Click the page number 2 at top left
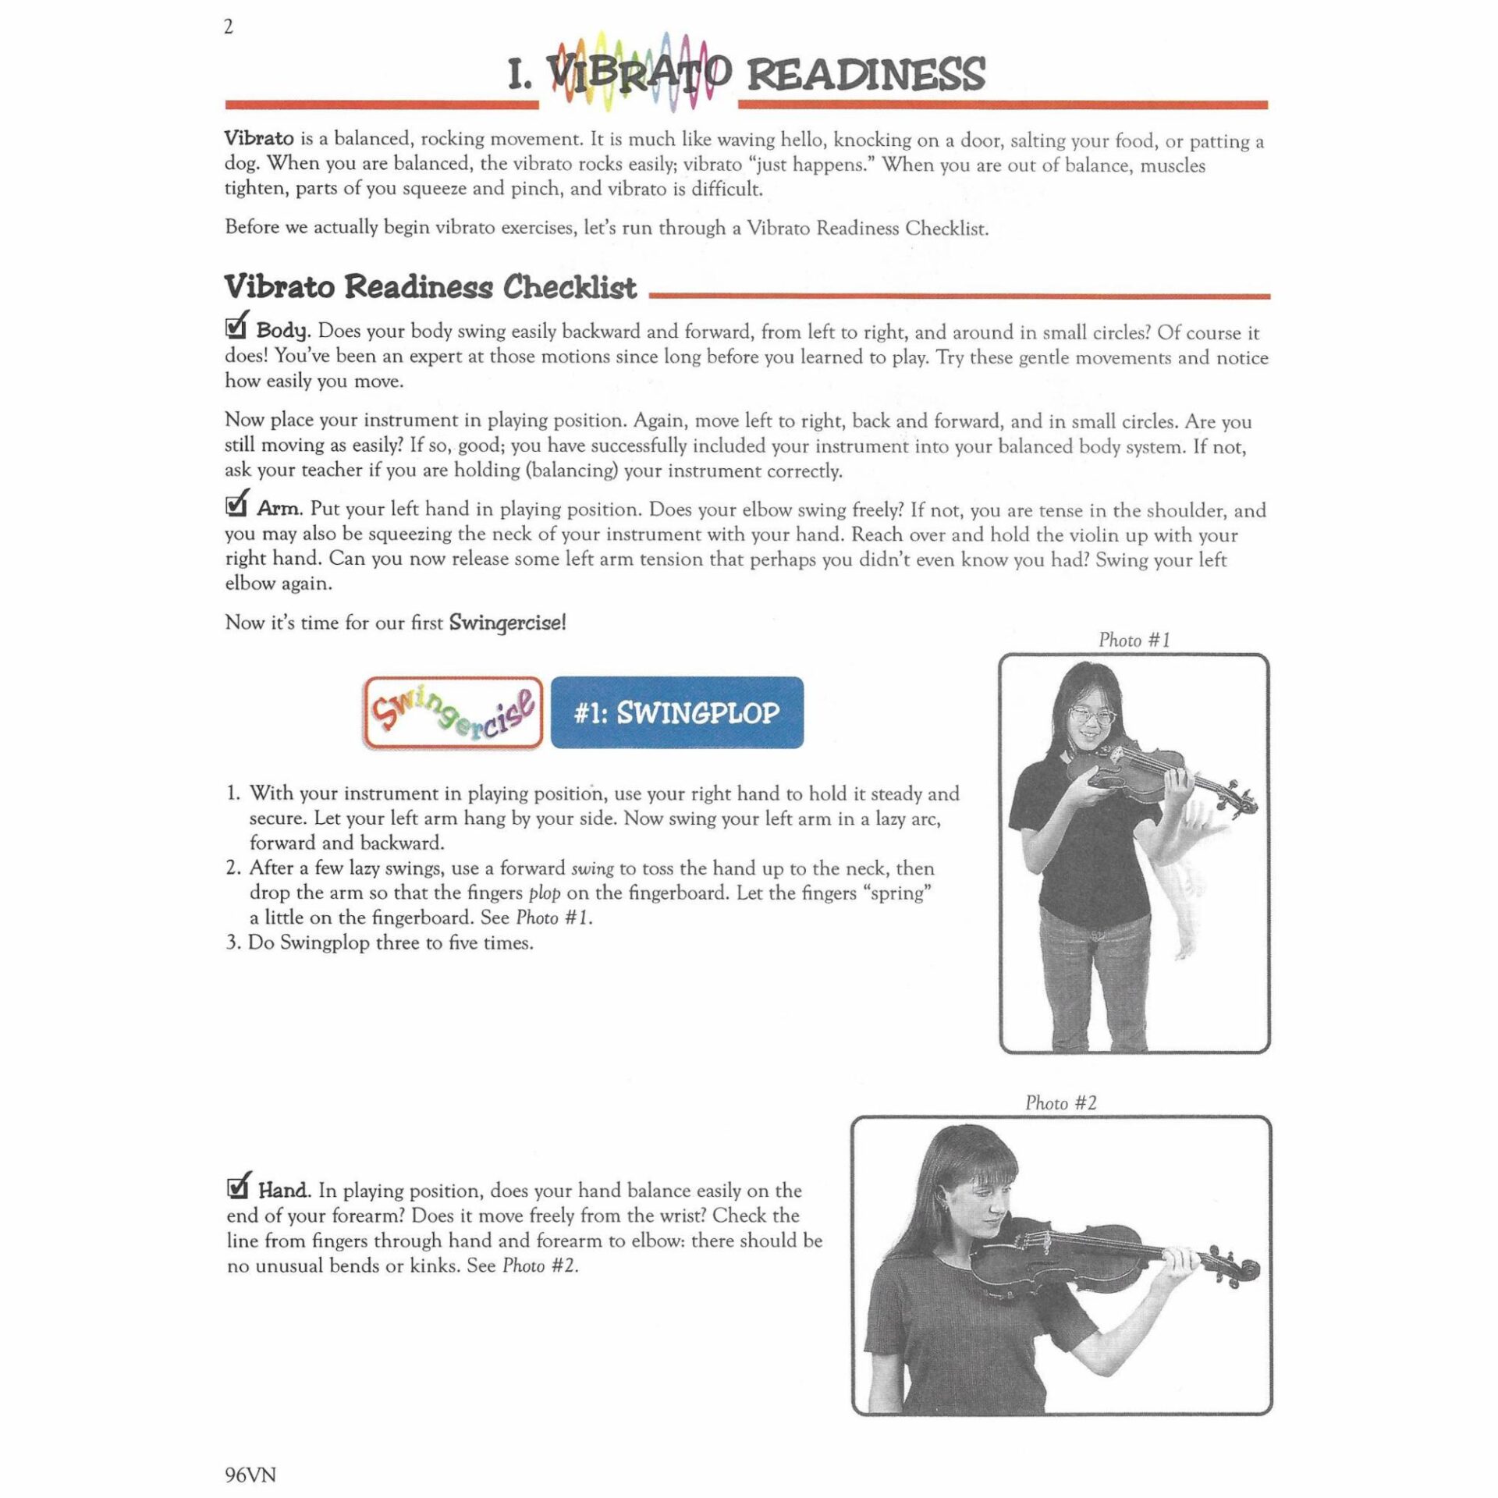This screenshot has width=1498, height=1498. coord(229,28)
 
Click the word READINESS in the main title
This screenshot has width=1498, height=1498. coord(866,75)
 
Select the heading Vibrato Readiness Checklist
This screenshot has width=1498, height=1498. coord(430,287)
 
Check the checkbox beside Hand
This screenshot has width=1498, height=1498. coord(237,1187)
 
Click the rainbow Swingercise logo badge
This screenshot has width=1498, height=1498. coord(453,713)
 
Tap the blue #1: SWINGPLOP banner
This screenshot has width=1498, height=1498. coord(676,713)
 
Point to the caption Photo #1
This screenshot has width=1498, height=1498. coord(1134,641)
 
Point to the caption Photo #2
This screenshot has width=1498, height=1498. coord(1061,1103)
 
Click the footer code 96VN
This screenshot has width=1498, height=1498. coord(250,1475)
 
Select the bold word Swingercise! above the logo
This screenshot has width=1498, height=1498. coord(507,623)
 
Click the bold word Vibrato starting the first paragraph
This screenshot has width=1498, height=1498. coord(259,139)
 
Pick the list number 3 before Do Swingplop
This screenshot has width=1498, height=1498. coord(233,942)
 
